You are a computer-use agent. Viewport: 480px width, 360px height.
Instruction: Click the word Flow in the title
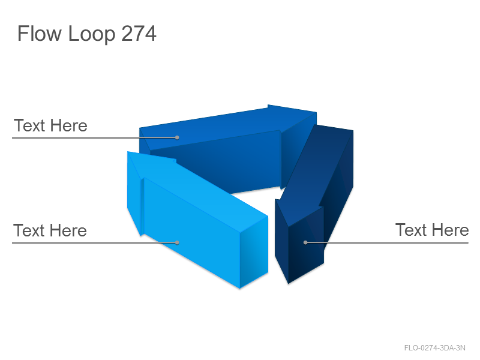pyautogui.click(x=40, y=34)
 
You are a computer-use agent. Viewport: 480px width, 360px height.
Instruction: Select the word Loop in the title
pyautogui.click(x=92, y=34)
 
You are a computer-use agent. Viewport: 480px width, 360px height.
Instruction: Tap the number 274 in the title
pyautogui.click(x=139, y=34)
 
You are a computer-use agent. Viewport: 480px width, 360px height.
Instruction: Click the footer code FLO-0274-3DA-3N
pyautogui.click(x=434, y=348)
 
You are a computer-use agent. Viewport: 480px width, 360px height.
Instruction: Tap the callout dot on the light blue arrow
pyautogui.click(x=177, y=242)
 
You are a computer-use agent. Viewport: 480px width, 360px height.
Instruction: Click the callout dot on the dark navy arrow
pyautogui.click(x=305, y=242)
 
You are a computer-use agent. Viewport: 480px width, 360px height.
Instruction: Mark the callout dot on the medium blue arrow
pyautogui.click(x=177, y=137)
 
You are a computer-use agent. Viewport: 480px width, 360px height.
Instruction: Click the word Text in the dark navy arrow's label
pyautogui.click(x=410, y=230)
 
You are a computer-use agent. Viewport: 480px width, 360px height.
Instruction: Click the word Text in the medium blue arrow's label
pyautogui.click(x=29, y=125)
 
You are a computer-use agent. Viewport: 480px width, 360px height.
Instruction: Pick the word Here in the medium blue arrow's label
pyautogui.click(x=68, y=125)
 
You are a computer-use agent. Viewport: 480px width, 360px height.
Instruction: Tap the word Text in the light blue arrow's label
pyautogui.click(x=28, y=230)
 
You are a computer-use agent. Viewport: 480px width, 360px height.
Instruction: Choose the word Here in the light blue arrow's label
pyautogui.click(x=68, y=230)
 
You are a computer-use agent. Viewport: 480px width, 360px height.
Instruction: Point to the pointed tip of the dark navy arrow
pyautogui.click(x=288, y=283)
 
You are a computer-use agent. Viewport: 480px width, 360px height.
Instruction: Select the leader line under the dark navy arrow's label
pyautogui.click(x=387, y=243)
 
